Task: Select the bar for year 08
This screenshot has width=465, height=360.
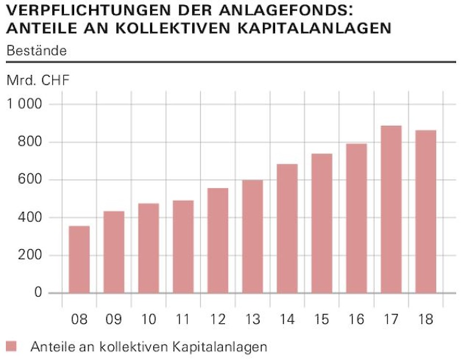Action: tap(79, 259)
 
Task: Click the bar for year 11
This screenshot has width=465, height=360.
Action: tap(183, 247)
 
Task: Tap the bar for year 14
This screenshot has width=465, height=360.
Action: tap(287, 228)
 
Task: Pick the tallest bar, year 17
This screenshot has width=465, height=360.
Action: tap(391, 210)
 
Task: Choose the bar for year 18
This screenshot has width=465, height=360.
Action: tap(426, 211)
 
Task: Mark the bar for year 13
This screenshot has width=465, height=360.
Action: tap(252, 237)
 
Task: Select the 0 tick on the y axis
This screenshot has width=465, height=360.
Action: tap(38, 293)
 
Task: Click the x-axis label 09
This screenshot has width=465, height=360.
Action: tap(114, 320)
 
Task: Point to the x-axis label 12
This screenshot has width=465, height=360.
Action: tap(218, 320)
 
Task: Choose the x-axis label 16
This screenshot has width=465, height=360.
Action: tap(356, 320)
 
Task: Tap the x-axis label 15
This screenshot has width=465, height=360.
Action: tap(322, 320)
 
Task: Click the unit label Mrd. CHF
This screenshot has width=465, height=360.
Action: tap(38, 80)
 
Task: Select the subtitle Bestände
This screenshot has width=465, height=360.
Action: tap(36, 51)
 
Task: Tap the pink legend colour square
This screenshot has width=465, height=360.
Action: tap(12, 346)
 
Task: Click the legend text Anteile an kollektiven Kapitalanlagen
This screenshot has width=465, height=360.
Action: tap(148, 346)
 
